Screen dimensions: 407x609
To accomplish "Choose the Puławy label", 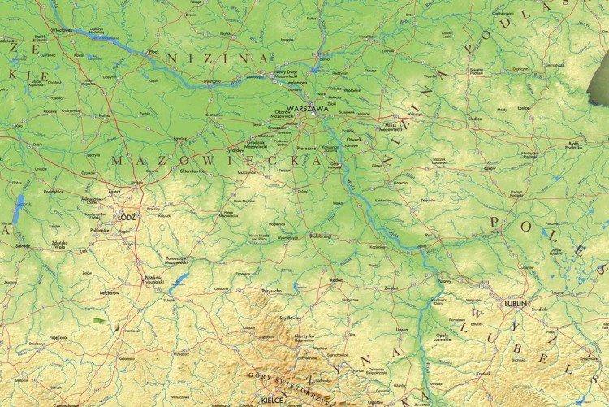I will (x=444, y=280).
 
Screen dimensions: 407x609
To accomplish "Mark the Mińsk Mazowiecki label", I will (x=391, y=125).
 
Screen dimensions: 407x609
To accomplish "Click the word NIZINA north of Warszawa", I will (x=218, y=58).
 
